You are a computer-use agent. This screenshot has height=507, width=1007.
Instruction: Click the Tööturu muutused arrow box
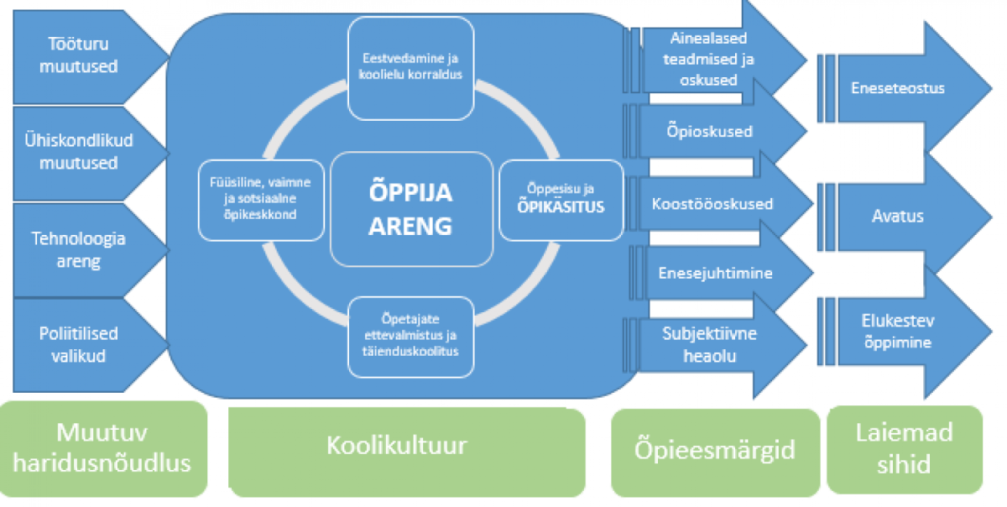86,57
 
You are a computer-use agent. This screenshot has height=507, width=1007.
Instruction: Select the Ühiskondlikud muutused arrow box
86,153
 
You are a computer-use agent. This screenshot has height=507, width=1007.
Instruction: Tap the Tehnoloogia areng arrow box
86,249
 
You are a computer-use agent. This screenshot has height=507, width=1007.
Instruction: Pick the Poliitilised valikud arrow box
86,345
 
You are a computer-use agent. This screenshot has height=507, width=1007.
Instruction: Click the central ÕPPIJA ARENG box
411,209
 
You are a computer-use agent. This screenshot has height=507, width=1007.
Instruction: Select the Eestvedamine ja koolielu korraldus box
411,68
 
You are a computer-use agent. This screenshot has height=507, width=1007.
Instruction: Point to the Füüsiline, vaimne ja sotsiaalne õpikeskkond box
261,200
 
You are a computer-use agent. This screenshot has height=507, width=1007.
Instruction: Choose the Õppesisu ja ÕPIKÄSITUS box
561,200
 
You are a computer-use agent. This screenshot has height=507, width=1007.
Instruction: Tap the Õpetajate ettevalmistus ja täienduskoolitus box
411,337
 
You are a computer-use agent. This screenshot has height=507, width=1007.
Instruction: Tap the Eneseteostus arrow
904,88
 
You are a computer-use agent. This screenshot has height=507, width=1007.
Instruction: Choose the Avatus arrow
904,217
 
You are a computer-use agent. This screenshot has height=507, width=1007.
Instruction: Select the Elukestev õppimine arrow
904,332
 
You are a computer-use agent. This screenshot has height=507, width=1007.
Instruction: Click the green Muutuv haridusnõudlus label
103,449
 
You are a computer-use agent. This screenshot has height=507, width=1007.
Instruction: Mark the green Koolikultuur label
407,452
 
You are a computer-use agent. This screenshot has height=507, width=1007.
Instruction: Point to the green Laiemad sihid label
905,450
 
